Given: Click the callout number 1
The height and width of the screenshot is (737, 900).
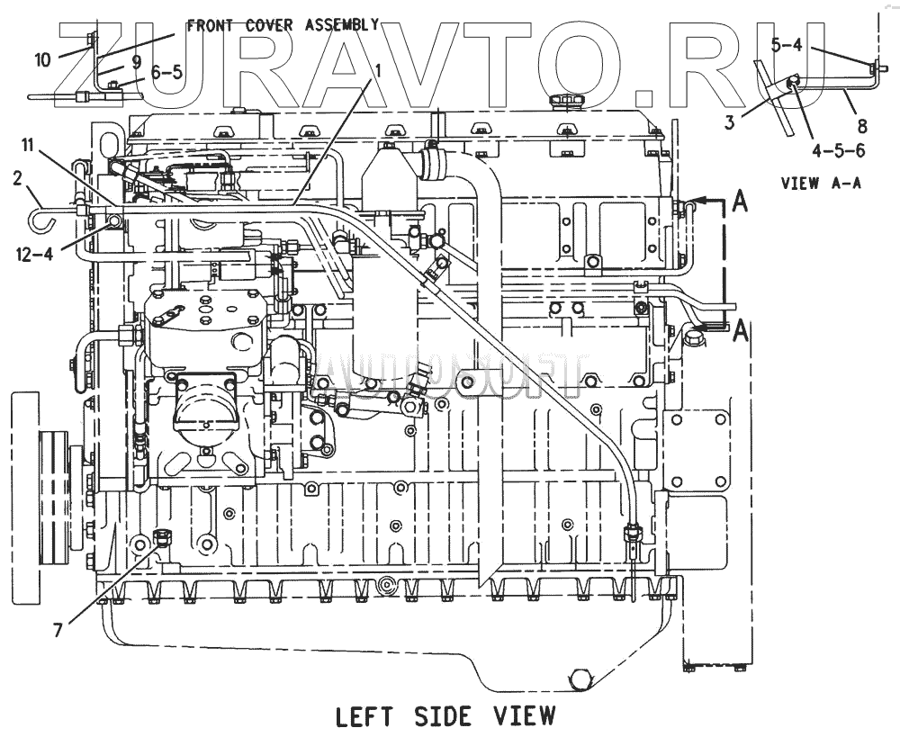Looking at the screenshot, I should (379, 69).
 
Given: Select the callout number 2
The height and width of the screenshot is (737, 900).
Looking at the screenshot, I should (17, 178).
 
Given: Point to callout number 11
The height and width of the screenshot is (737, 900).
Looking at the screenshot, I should (28, 144).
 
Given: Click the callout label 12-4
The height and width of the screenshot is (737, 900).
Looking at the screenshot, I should (35, 254).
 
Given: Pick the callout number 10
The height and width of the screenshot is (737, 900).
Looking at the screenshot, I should (43, 60).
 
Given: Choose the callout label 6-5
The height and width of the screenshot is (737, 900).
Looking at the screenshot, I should (166, 73).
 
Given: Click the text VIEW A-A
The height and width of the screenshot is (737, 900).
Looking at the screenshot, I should (821, 184).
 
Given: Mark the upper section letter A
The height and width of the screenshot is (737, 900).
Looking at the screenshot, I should (739, 203).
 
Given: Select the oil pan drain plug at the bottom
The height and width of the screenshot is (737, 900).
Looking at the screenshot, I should (577, 677).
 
